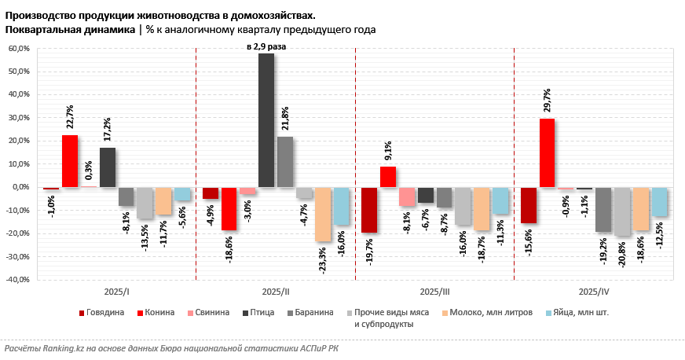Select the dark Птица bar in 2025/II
click(x=266, y=120)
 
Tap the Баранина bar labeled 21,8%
click(x=285, y=162)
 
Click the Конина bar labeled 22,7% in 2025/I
click(x=70, y=161)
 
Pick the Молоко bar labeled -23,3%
click(x=323, y=214)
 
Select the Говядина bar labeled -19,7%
click(x=368, y=210)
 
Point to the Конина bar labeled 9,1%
click(x=388, y=177)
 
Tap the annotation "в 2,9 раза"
click(x=266, y=47)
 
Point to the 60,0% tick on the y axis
click(x=18, y=49)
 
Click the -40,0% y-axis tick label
click(x=17, y=280)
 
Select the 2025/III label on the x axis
click(x=434, y=292)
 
